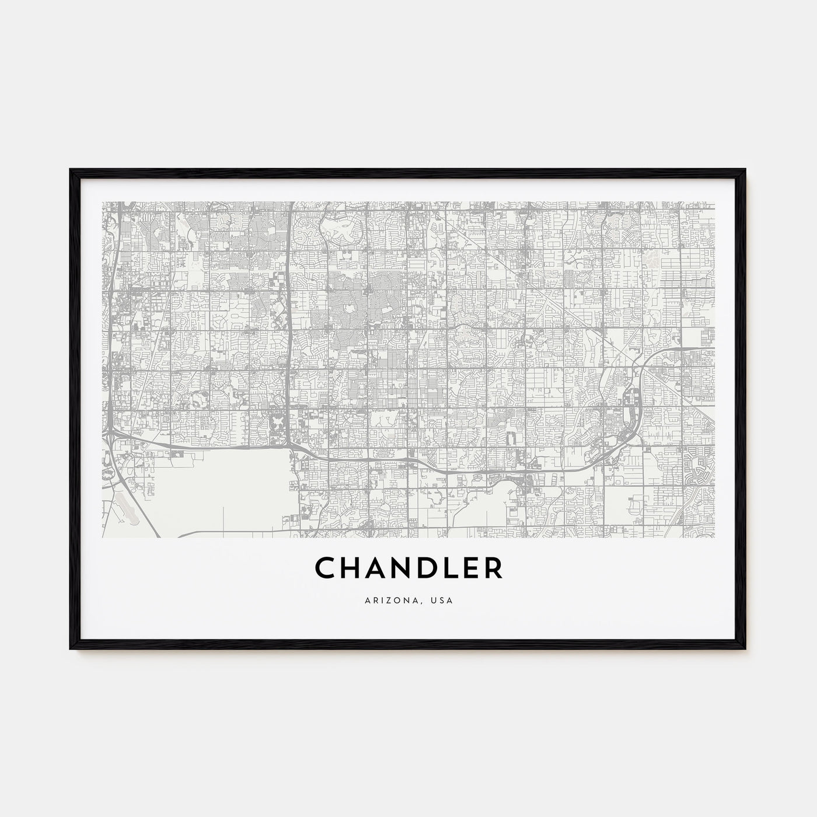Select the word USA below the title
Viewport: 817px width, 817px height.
[x=443, y=599]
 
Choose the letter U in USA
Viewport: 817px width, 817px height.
[x=435, y=599]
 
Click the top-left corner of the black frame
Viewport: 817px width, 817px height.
[x=71, y=170]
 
